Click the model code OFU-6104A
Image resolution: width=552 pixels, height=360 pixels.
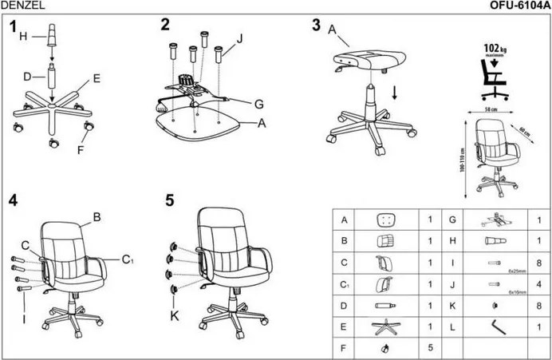(518, 5)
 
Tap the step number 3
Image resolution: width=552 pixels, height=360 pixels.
(317, 25)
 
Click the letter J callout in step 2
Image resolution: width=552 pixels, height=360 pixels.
(239, 37)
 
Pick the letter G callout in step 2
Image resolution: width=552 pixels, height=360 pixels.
(258, 104)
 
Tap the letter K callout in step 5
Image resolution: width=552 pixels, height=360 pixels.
(175, 316)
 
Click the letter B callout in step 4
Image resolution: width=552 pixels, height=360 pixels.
(97, 216)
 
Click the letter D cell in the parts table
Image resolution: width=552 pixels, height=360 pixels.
(344, 306)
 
